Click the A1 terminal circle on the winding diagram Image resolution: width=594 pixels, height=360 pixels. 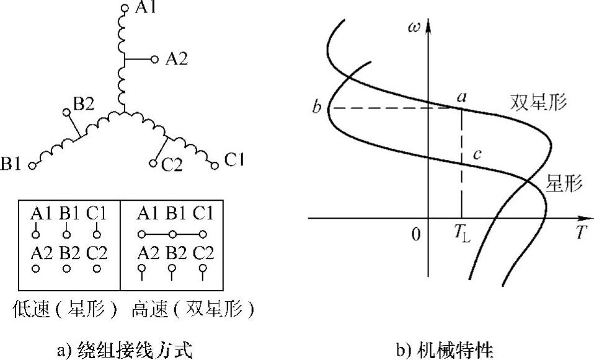pyautogui.click(x=123, y=9)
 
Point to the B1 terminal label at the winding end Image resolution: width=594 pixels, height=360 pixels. pyautogui.click(x=12, y=165)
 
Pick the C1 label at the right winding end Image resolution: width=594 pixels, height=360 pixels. pyautogui.click(x=234, y=160)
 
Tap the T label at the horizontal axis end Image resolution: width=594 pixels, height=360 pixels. pyautogui.click(x=580, y=234)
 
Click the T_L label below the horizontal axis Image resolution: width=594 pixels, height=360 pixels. pyautogui.click(x=462, y=235)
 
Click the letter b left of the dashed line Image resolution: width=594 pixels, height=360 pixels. pyautogui.click(x=317, y=109)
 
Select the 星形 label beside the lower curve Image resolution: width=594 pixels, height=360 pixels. pyautogui.click(x=564, y=183)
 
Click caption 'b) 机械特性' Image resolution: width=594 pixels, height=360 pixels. pyautogui.click(x=445, y=351)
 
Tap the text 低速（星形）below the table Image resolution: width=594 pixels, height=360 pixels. pyautogui.click(x=64, y=309)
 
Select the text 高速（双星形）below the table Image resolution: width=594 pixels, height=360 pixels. pyautogui.click(x=192, y=309)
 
